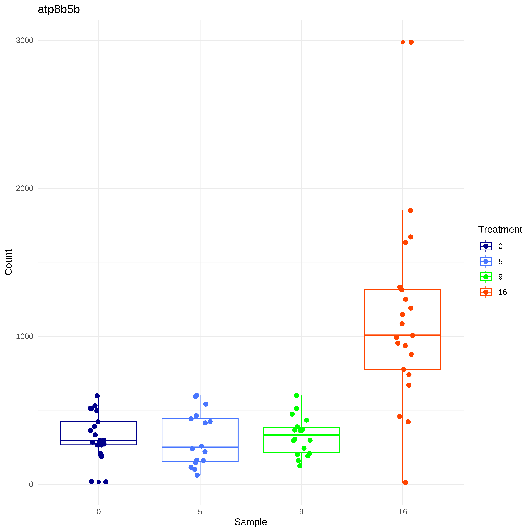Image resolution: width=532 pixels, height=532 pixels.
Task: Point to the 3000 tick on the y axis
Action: (24, 40)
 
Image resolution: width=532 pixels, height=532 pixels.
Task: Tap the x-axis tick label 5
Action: (200, 512)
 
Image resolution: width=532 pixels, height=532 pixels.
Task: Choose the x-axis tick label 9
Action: (301, 512)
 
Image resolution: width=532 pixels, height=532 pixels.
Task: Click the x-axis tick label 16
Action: (403, 512)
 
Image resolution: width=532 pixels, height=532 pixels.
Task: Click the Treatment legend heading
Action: (500, 229)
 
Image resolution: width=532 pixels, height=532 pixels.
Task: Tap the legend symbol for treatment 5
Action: (486, 261)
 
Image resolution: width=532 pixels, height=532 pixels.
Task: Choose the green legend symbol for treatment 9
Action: (486, 277)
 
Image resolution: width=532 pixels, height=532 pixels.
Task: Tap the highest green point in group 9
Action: (297, 395)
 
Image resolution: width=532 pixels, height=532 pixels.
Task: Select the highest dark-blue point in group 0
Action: (97, 396)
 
